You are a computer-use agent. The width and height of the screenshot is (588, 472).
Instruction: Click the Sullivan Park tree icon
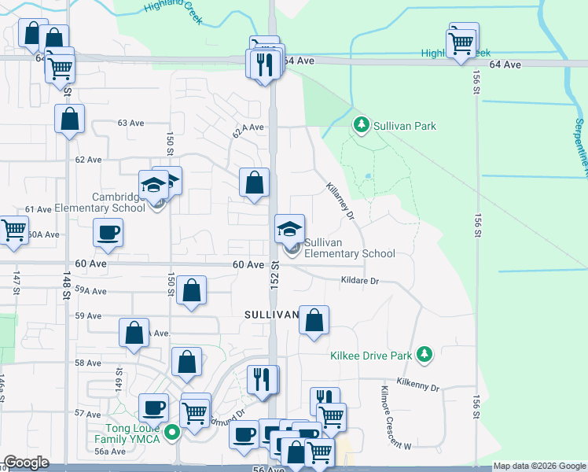[x=361, y=124]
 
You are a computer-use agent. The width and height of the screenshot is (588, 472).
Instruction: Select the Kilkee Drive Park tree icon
[x=424, y=355]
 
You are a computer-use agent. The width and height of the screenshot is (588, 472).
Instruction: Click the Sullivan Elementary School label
[x=349, y=249]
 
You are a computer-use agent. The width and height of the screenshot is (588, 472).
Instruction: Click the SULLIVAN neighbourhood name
[x=270, y=315]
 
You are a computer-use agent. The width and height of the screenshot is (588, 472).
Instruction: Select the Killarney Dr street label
[x=340, y=201]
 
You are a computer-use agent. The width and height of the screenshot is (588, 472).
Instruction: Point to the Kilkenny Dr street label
[x=418, y=387]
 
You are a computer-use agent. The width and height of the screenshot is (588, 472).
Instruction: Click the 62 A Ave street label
[x=248, y=126]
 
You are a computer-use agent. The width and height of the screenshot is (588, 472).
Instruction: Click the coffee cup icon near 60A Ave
[x=108, y=232]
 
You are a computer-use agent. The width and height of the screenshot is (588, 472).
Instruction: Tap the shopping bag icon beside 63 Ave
[x=69, y=120]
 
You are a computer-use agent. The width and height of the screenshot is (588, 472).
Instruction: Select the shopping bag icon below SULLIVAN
[x=314, y=320]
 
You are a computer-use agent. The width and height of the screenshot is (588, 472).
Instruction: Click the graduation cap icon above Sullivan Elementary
[x=288, y=229]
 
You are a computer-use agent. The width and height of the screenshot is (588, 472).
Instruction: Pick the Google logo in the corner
[x=27, y=463]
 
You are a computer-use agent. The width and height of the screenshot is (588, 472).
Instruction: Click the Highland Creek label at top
[x=167, y=7]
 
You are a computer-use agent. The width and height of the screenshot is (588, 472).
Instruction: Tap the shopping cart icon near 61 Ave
[x=13, y=230]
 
